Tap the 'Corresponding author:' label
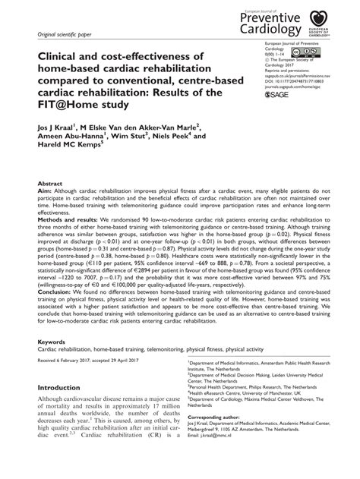click(215, 439)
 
